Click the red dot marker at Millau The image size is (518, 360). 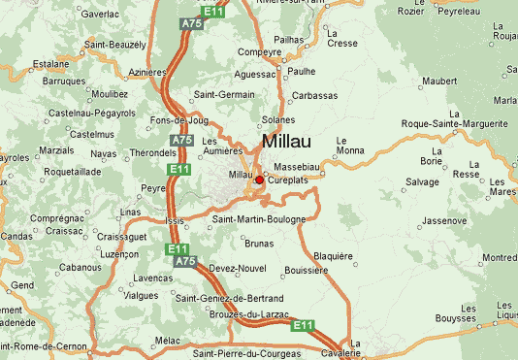click(259, 180)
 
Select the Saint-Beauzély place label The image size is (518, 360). click(115, 45)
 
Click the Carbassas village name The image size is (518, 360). click(315, 96)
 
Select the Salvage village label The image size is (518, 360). click(422, 182)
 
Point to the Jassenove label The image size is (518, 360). click(444, 220)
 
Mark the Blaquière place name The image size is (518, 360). click(334, 256)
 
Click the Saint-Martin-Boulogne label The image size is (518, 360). click(258, 219)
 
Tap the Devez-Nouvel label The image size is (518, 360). click(237, 268)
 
